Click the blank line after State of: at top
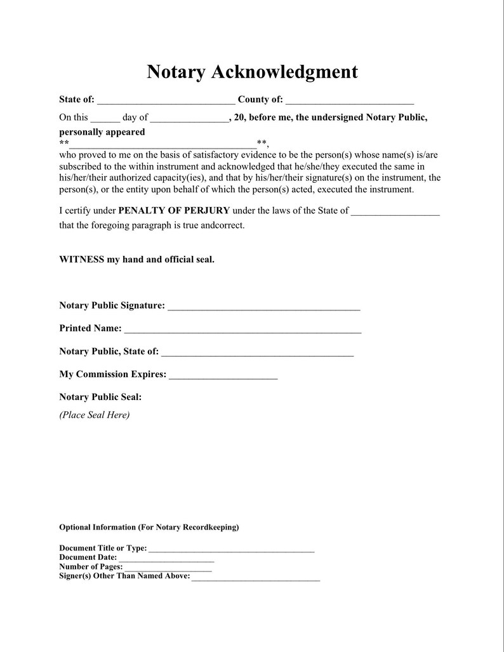(x=166, y=101)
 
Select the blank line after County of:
(x=350, y=101)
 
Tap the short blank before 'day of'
(x=105, y=119)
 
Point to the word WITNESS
(x=81, y=260)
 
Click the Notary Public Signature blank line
(x=264, y=308)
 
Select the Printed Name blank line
(x=242, y=331)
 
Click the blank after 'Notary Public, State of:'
(x=257, y=354)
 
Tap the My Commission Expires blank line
(x=223, y=376)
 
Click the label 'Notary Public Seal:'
(x=100, y=397)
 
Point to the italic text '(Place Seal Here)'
(x=95, y=415)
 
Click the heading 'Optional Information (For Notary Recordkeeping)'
(x=149, y=528)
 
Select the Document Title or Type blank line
(x=231, y=550)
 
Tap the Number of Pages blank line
(x=168, y=569)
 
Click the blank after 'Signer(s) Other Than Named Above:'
(x=255, y=578)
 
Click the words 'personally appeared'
(x=102, y=132)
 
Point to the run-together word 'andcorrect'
(x=222, y=225)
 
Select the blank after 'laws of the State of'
(x=395, y=213)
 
